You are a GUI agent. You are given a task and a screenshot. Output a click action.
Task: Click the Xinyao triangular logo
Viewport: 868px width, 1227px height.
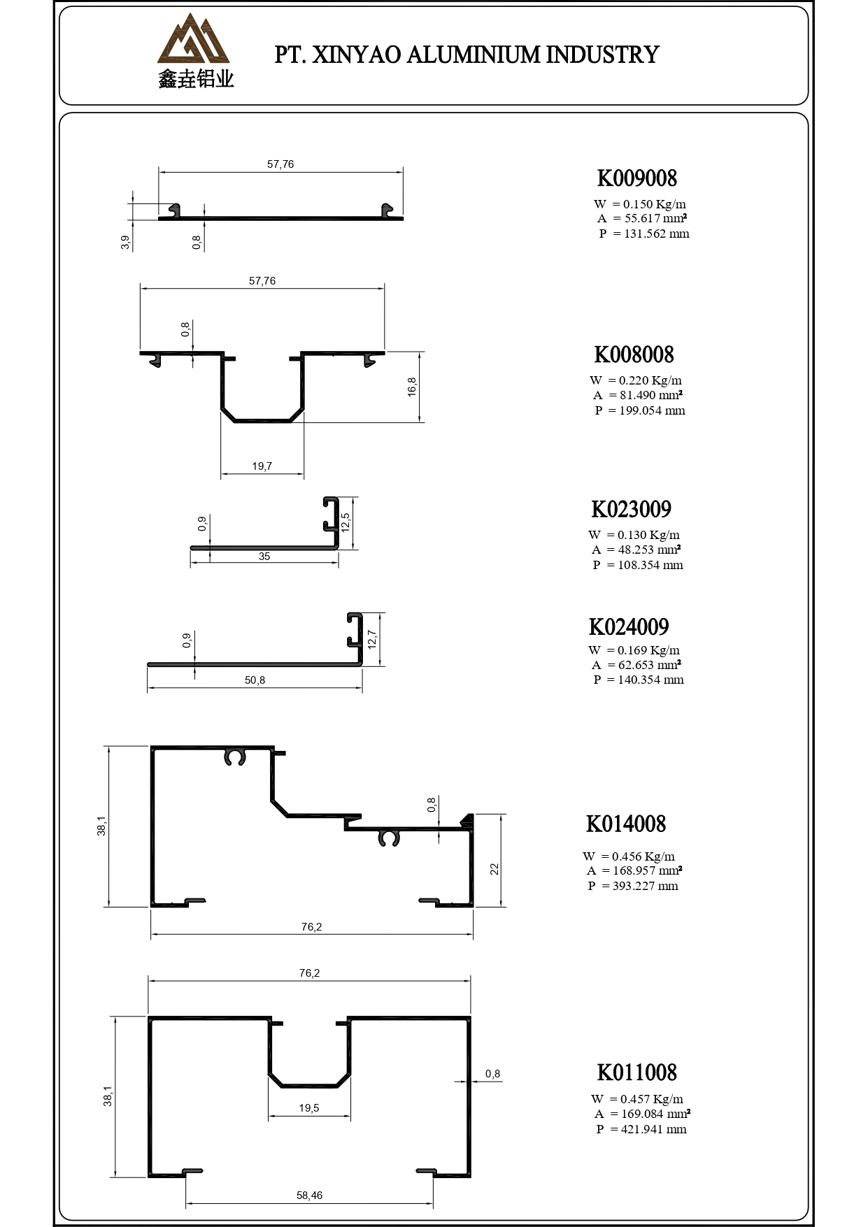(x=194, y=41)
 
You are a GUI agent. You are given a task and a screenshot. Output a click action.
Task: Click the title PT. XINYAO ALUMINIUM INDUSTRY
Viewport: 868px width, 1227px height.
(x=467, y=55)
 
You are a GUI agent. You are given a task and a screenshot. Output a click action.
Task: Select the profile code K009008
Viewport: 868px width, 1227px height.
(x=636, y=178)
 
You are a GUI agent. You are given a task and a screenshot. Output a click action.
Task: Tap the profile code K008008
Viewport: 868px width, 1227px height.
(x=634, y=354)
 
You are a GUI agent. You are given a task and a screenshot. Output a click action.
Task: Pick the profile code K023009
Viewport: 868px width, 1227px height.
(x=631, y=509)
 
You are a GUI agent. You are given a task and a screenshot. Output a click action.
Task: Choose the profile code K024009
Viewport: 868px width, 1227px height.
(x=629, y=626)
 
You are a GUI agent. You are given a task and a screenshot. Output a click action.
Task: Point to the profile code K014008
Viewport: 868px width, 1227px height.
(x=626, y=824)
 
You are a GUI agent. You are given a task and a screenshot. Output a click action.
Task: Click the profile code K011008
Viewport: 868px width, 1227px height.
(x=636, y=1072)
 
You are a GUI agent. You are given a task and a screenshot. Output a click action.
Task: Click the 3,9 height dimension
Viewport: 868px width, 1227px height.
(x=125, y=243)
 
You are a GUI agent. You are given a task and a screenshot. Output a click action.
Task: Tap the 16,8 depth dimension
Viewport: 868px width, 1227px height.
(x=413, y=387)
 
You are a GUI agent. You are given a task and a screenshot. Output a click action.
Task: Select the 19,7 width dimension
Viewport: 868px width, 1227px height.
(x=262, y=466)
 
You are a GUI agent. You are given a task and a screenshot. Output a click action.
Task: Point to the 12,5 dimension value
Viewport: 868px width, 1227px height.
(x=345, y=522)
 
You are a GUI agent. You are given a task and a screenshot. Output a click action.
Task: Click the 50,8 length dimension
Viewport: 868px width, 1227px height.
(x=255, y=680)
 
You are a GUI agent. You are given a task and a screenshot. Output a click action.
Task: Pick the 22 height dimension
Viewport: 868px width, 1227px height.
(x=495, y=868)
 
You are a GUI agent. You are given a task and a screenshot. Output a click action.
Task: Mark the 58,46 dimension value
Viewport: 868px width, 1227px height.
(x=309, y=1196)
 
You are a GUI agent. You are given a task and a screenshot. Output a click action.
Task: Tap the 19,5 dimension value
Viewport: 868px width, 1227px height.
(x=309, y=1108)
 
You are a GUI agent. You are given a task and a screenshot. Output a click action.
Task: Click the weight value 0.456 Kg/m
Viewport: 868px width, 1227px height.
(x=643, y=856)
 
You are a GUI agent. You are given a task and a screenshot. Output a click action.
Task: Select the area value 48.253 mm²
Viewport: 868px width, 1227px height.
(x=649, y=550)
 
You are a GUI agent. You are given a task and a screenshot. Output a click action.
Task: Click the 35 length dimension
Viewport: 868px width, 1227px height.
(x=264, y=557)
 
